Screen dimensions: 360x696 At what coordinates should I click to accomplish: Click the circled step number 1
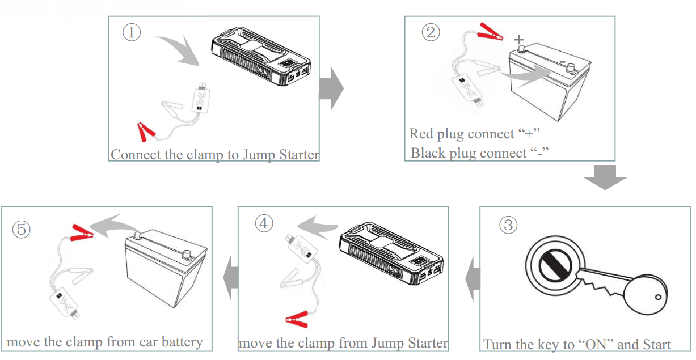tap(132, 32)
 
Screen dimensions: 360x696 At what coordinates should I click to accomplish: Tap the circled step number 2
tap(430, 32)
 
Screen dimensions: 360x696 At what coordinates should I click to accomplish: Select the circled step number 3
tap(508, 225)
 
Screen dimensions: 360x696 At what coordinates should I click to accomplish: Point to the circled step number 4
tap(264, 223)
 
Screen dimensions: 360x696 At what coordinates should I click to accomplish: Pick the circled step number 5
tap(22, 229)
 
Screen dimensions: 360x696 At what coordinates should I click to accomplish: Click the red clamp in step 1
tap(146, 132)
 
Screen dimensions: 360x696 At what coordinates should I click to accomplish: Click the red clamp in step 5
tap(81, 232)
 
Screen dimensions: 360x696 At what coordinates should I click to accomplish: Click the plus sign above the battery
tap(518, 39)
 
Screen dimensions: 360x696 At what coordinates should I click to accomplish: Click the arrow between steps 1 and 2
tap(332, 89)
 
